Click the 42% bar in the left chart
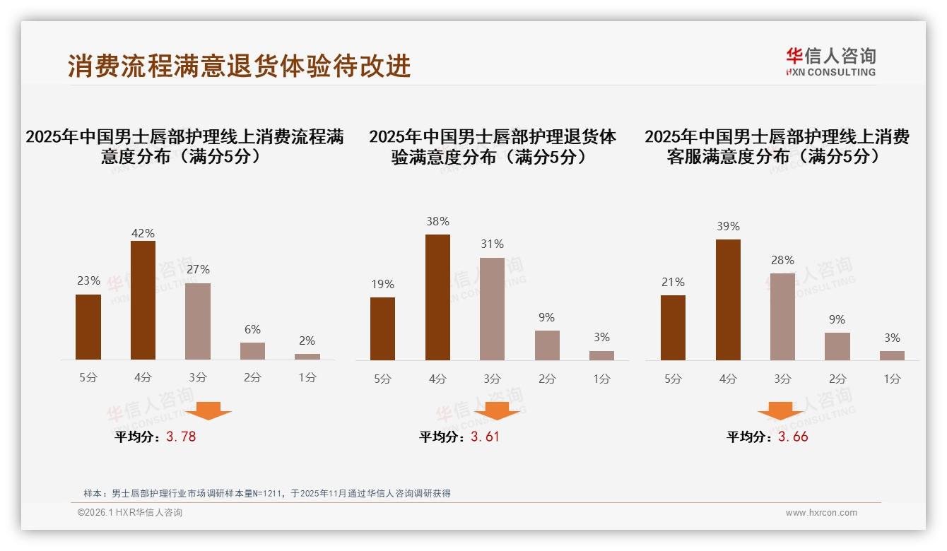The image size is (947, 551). pos(143,300)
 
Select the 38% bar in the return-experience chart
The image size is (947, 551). pos(437,297)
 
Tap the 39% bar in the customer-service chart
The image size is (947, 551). pos(728,300)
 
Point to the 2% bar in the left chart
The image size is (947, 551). pos(307,356)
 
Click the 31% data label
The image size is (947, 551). pos(492,244)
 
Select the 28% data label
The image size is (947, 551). pos(782,260)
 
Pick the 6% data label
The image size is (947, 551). pos(252,329)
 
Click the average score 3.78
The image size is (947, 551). pos(181,437)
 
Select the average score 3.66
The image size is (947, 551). pos(793,437)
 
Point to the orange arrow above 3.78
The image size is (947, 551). pos(208,410)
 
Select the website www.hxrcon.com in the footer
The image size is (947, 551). pos(821,513)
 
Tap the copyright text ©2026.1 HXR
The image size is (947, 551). pos(129,513)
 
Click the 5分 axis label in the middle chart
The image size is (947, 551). pos(382,379)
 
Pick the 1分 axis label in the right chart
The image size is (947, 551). pos(892,379)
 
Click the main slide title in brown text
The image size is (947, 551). pos(239,66)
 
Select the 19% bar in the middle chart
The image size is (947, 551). pos(382,328)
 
